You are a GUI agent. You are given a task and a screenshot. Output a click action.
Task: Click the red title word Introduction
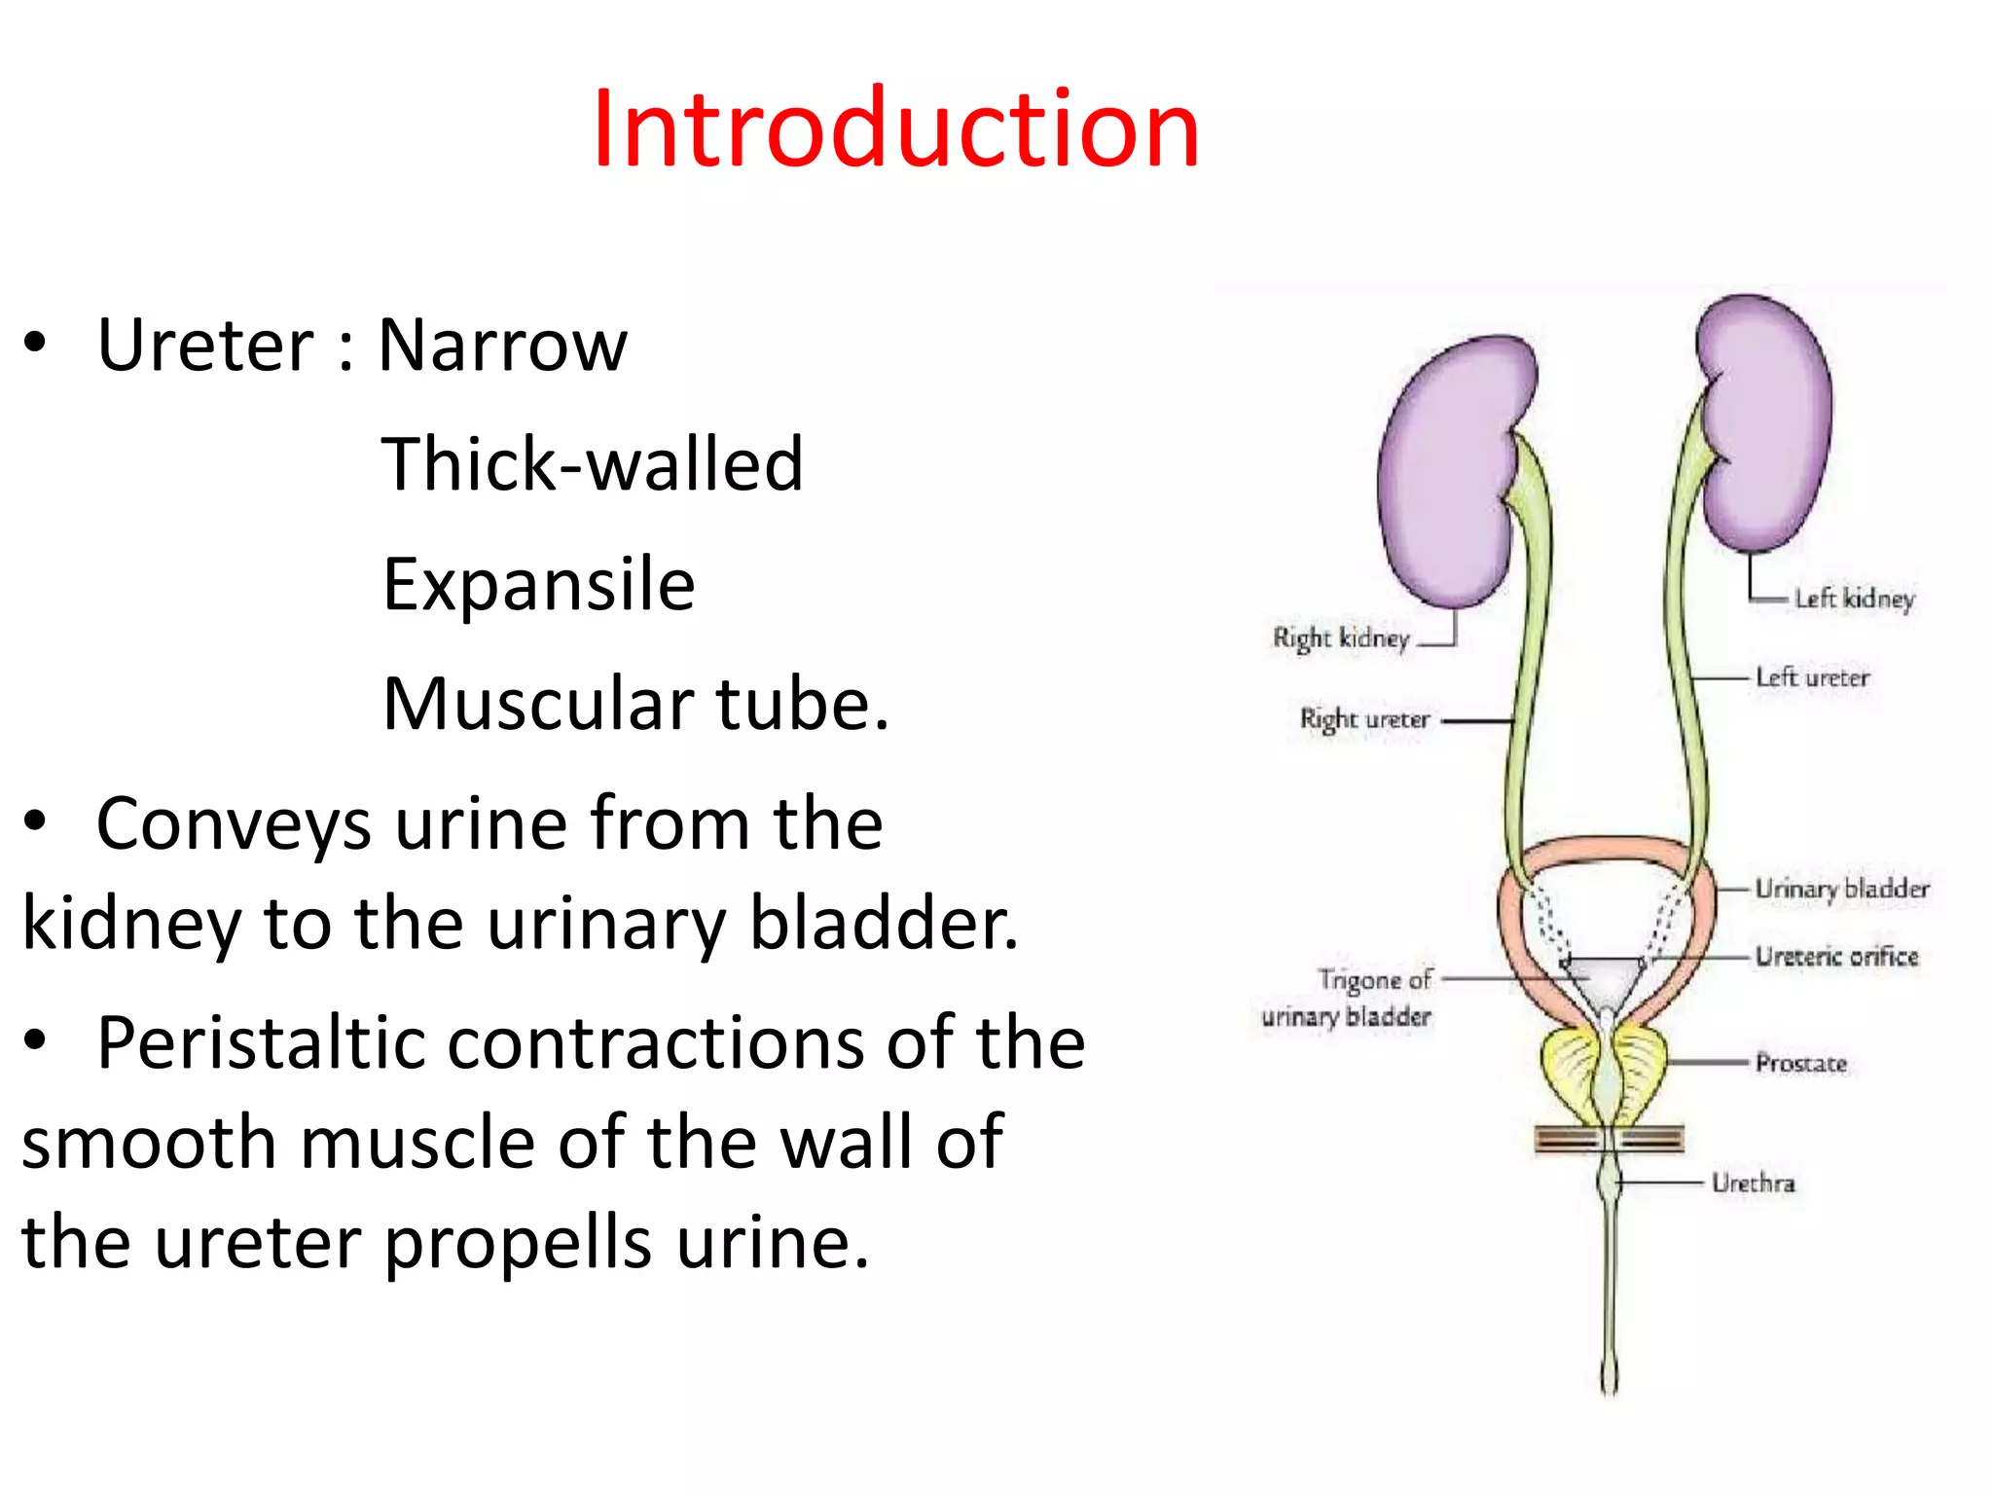coord(895,128)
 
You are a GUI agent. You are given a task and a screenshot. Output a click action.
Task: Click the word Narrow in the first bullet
coord(502,346)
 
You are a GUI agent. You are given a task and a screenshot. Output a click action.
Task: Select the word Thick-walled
coord(592,464)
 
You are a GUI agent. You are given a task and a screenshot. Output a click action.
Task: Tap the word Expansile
coord(539,584)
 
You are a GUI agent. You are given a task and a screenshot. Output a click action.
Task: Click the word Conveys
coord(234,824)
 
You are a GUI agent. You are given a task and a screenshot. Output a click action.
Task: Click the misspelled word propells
coord(518,1244)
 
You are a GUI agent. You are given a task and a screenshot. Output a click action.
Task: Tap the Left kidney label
coord(1854,599)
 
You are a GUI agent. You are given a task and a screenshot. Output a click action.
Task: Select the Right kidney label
coord(1340,638)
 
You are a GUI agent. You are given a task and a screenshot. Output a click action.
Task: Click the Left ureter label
coord(1812,677)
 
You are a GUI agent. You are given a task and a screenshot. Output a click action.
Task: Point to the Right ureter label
coord(1364,719)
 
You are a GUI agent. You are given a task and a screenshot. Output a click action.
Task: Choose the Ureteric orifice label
coord(1836,957)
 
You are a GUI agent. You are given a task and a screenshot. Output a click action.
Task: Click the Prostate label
coord(1800,1063)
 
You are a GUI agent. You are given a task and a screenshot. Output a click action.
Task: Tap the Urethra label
coord(1753,1184)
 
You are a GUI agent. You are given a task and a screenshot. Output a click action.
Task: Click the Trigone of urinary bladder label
coord(1349,998)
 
